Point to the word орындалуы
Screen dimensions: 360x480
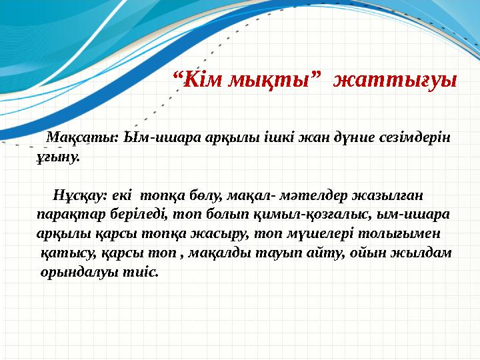[82, 273]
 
